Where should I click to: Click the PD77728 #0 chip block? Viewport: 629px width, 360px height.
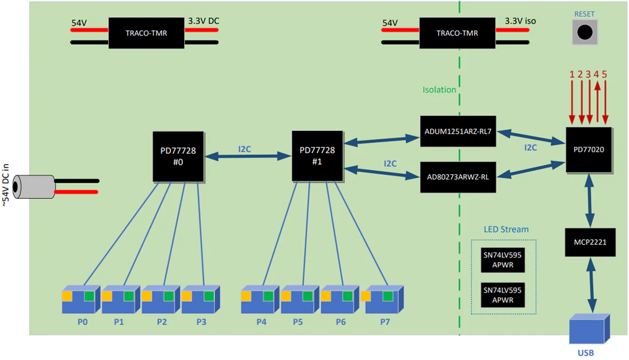[178, 157]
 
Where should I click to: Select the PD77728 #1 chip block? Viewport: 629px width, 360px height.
[317, 156]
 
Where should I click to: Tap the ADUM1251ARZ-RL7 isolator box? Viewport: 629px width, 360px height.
[458, 131]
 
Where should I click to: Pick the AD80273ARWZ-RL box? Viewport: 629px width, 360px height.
[458, 177]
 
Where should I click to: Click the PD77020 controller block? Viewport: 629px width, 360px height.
[589, 150]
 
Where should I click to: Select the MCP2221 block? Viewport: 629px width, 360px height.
[590, 242]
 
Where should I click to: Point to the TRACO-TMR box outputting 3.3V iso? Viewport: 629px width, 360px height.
[457, 33]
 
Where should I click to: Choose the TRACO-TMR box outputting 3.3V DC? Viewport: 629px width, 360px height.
[146, 33]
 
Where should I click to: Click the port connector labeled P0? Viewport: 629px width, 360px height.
[81, 299]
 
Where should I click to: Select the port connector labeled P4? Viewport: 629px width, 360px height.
[260, 299]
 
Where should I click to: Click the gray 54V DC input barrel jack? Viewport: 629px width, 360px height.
[34, 187]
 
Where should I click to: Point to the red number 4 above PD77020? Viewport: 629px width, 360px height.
[596, 74]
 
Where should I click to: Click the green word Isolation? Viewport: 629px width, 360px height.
[439, 90]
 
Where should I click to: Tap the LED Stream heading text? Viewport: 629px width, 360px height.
[506, 229]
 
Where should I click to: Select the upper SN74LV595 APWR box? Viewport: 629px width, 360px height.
[503, 260]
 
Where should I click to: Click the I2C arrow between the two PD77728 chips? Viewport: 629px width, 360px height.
[248, 156]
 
